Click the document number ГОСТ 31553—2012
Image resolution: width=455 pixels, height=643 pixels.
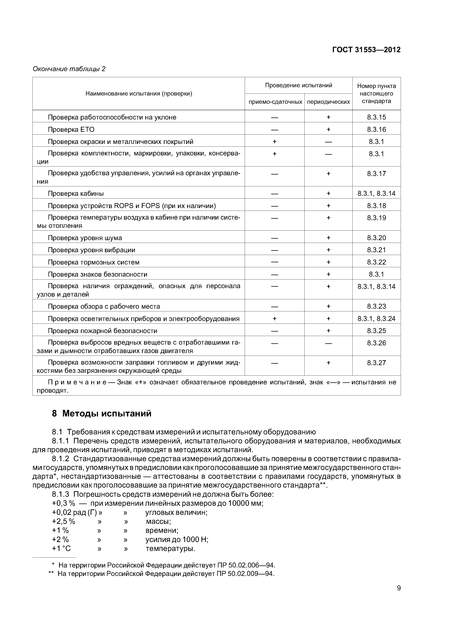(366, 50)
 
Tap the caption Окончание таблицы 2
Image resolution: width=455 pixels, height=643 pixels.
(69, 69)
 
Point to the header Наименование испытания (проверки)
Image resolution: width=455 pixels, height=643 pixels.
(139, 93)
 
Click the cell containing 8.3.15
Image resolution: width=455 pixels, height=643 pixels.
(376, 117)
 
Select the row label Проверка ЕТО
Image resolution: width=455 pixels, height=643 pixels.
(71, 129)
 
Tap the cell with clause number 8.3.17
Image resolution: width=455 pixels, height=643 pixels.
(376, 174)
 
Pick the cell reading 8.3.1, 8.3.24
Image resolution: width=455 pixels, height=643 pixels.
(376, 319)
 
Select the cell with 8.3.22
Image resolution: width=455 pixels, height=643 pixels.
(376, 262)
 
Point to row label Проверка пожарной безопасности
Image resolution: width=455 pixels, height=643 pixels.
(102, 331)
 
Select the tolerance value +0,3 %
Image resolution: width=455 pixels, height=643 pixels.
(64, 503)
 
